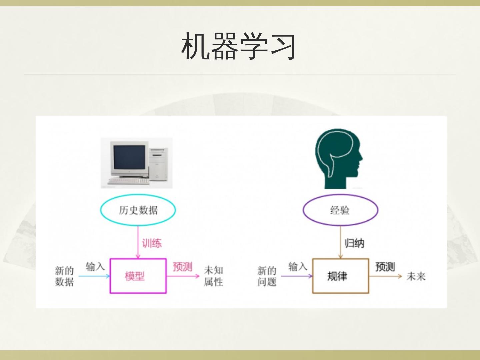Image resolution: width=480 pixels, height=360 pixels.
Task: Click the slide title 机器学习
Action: click(239, 46)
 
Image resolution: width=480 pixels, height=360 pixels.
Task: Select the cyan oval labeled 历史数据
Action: click(138, 210)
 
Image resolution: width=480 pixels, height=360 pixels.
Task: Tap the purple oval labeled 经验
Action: click(340, 210)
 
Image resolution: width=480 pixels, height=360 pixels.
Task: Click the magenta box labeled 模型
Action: click(138, 276)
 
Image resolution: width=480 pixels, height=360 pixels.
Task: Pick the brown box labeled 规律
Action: click(340, 276)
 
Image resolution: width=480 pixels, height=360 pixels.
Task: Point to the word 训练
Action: click(152, 243)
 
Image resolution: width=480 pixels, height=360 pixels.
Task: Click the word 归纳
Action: click(354, 243)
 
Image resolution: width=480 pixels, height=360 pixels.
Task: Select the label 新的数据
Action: click(64, 276)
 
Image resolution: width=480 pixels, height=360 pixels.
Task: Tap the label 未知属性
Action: click(213, 276)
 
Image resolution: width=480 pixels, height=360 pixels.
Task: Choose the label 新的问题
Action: click(267, 276)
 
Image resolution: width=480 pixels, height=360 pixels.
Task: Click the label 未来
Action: click(416, 276)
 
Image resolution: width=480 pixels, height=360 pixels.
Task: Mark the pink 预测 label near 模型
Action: click(182, 267)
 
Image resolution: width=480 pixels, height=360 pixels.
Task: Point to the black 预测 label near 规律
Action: click(385, 267)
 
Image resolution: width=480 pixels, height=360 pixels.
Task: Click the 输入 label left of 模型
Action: click(95, 267)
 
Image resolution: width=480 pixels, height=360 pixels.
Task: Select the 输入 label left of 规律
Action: click(298, 267)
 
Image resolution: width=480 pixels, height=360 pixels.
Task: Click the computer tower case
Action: click(158, 163)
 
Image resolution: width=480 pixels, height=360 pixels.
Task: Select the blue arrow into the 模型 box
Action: click(94, 276)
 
